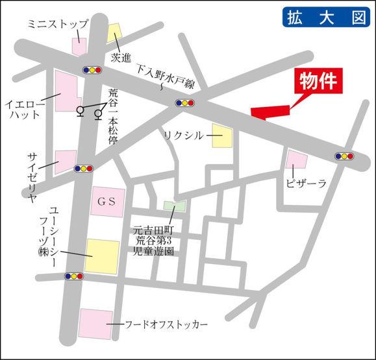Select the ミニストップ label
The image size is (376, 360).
[x=58, y=23]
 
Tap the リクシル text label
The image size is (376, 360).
[x=183, y=135]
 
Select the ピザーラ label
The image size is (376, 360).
[x=306, y=184]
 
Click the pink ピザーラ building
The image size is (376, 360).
[x=297, y=159]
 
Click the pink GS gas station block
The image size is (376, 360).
[x=107, y=202]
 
